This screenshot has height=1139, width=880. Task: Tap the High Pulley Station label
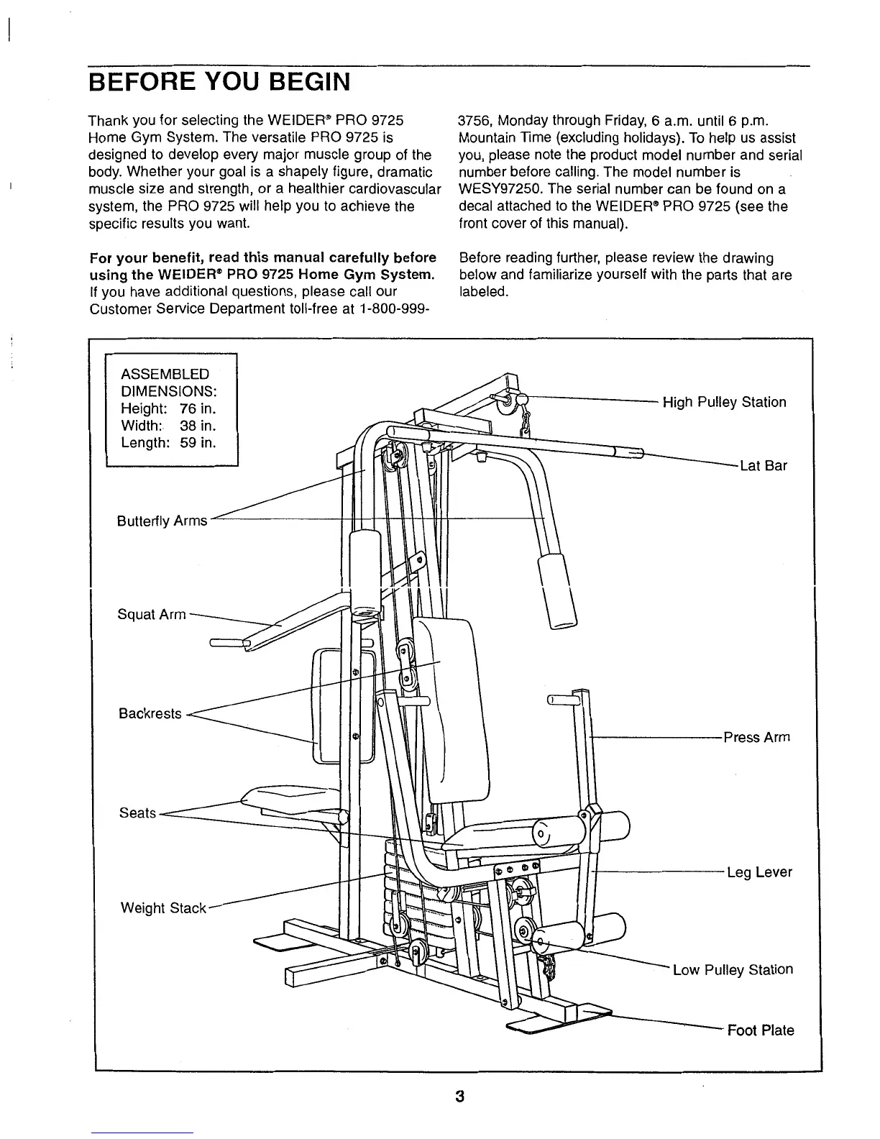coord(724,402)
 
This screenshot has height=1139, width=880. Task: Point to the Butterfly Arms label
coord(162,521)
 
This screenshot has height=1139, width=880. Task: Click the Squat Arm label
coord(152,615)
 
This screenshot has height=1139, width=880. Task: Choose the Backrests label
coord(150,714)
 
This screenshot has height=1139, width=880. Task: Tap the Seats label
coord(137,813)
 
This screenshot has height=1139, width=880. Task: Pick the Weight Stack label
coord(163,908)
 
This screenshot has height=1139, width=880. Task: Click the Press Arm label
coord(756,737)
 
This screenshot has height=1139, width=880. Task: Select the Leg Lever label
coord(759,872)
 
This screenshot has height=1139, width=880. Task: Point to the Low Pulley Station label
coord(733,969)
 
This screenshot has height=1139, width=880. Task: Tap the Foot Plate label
coord(761,1030)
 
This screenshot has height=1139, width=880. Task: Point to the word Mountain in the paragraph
coord(485,138)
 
